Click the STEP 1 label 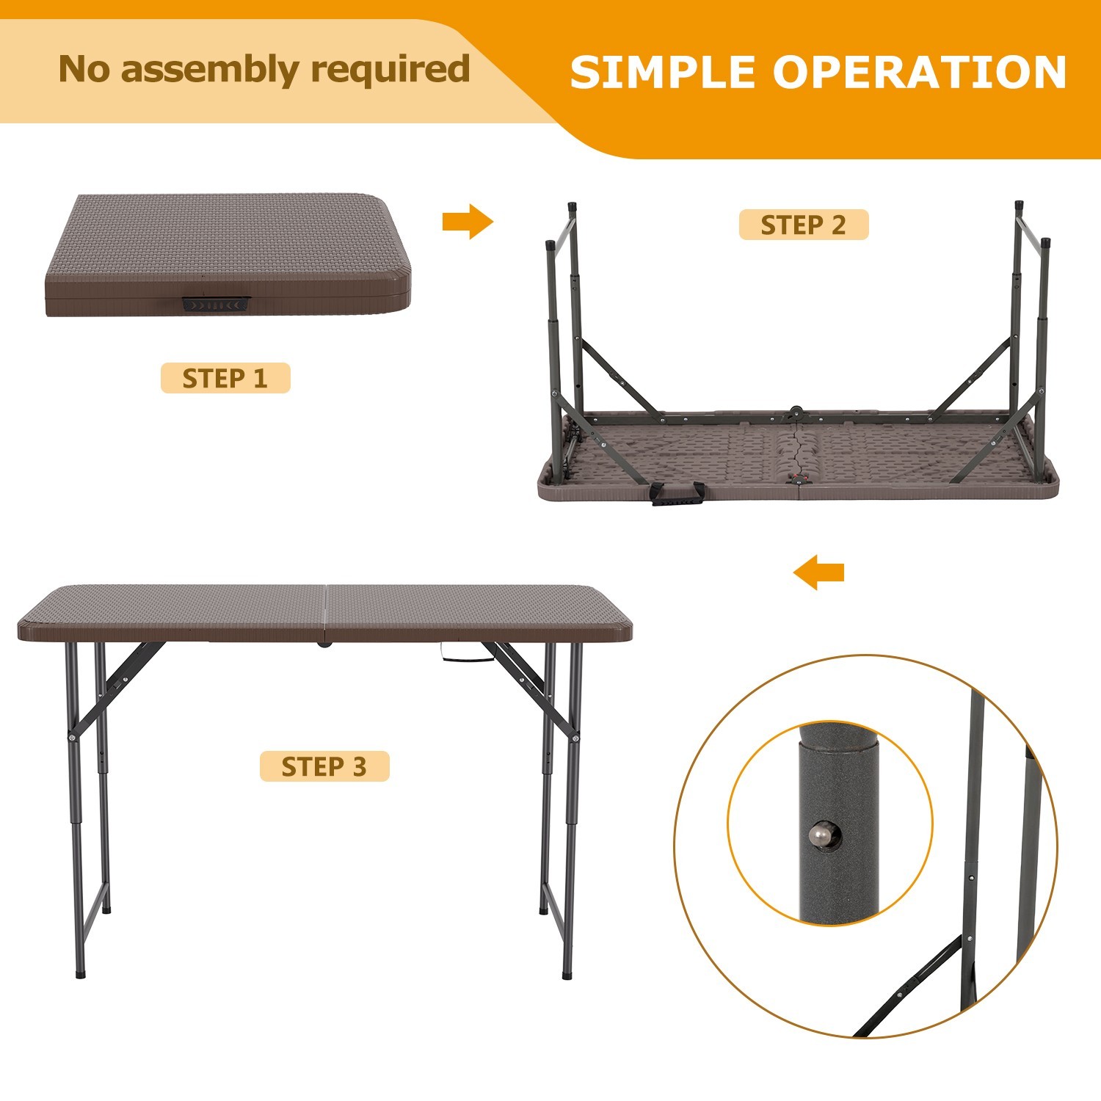225,378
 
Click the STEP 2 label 803,225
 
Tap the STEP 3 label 324,766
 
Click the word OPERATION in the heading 919,72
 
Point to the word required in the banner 390,70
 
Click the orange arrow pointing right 468,221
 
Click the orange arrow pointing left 819,572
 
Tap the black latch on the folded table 217,305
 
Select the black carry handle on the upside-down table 676,494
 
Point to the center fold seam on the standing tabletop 324,611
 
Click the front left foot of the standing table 80,975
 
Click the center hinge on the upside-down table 796,413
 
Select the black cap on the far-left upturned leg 549,244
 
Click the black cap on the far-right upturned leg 1045,242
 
